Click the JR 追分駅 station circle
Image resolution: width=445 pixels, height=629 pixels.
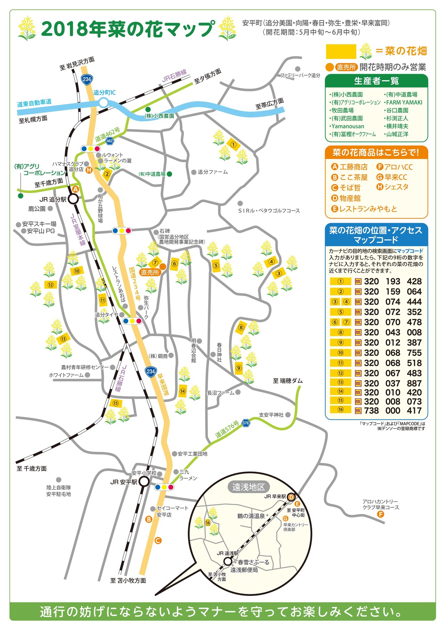pyautogui.click(x=73, y=199)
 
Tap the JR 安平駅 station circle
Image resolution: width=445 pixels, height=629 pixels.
pyautogui.click(x=144, y=482)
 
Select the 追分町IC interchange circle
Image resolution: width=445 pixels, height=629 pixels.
pyautogui.click(x=104, y=102)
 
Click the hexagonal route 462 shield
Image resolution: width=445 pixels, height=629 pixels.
pyautogui.click(x=110, y=141)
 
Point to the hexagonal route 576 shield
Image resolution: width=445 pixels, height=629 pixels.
pyautogui.click(x=246, y=423)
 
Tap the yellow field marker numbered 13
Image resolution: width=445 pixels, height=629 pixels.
pyautogui.click(x=63, y=339)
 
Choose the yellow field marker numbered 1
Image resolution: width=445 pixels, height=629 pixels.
pyautogui.click(x=233, y=144)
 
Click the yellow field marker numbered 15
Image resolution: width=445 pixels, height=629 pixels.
pyautogui.click(x=115, y=403)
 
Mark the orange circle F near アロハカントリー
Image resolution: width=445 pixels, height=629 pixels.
pyautogui.click(x=381, y=514)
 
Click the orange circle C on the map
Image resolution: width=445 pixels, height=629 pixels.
pyautogui.click(x=158, y=540)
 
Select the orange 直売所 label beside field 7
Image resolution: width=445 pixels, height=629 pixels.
pyautogui.click(x=150, y=272)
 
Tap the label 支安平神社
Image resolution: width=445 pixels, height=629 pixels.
pyautogui.click(x=271, y=415)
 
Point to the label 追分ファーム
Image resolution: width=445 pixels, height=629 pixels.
pyautogui.click(x=212, y=172)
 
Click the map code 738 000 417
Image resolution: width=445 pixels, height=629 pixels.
pyautogui.click(x=393, y=410)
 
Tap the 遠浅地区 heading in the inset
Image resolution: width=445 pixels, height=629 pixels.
pyautogui.click(x=249, y=487)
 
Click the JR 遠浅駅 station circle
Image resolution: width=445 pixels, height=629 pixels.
pyautogui.click(x=228, y=561)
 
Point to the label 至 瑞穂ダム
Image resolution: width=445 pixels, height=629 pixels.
pyautogui.click(x=288, y=381)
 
